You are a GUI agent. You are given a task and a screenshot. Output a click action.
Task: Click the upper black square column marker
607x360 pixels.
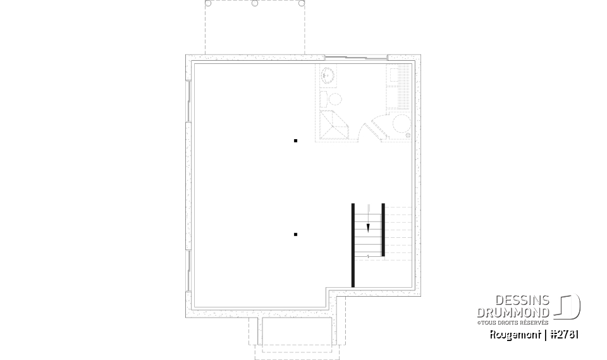click(x=295, y=140)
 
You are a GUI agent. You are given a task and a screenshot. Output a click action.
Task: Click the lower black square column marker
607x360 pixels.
click(x=295, y=235)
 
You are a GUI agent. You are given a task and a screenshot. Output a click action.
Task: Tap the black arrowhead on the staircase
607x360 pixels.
click(x=368, y=228)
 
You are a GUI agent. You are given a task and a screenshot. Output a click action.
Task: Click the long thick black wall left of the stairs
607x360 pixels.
click(x=353, y=245)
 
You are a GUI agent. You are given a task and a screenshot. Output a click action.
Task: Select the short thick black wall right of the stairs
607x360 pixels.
click(x=383, y=230)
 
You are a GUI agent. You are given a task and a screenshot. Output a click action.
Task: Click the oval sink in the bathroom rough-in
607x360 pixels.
click(x=328, y=75)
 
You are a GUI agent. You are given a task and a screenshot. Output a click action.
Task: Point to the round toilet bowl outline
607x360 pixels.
click(x=334, y=99)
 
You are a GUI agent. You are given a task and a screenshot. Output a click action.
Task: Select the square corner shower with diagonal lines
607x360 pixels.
click(x=333, y=125)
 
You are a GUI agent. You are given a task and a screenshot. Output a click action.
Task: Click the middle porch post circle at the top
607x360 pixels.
click(x=255, y=3)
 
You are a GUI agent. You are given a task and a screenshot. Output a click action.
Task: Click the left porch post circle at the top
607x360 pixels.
click(x=210, y=3)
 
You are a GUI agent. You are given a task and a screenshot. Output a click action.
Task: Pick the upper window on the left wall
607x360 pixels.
click(x=188, y=101)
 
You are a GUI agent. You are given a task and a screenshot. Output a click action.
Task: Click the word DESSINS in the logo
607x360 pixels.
click(x=522, y=301)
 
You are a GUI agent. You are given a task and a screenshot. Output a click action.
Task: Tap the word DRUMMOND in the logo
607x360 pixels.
click(x=513, y=312)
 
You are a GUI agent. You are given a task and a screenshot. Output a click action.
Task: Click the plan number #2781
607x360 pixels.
click(x=565, y=335)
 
